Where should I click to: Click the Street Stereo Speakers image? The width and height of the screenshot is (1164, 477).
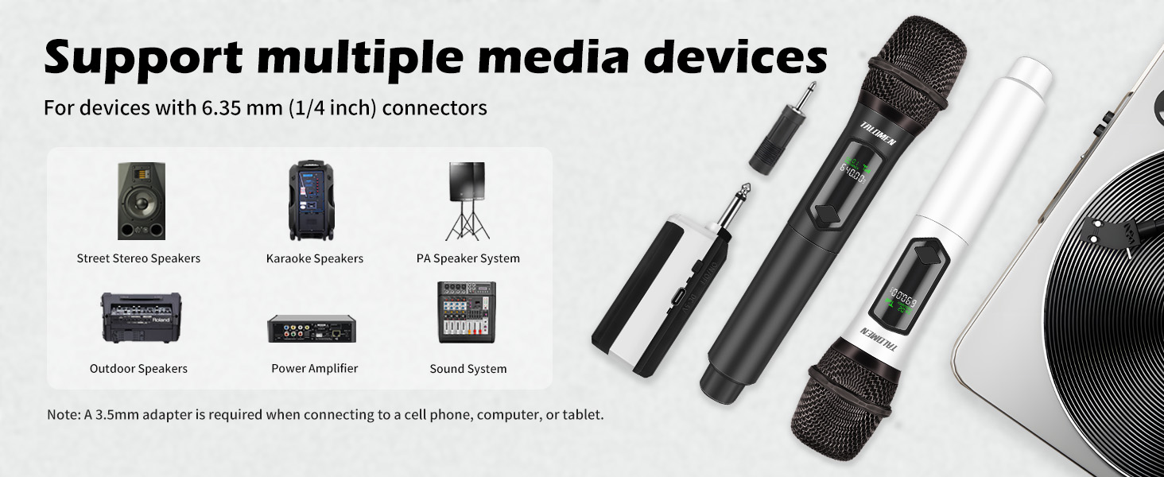pyautogui.click(x=142, y=201)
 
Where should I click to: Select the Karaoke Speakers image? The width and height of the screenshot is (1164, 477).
pyautogui.click(x=311, y=200)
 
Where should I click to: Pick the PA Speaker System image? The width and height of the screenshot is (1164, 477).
pyautogui.click(x=467, y=200)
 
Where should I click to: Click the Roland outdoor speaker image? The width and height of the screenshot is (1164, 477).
pyautogui.click(x=141, y=317)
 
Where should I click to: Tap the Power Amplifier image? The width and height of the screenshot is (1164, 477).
pyautogui.click(x=312, y=328)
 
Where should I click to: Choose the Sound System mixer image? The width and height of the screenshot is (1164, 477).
pyautogui.click(x=467, y=312)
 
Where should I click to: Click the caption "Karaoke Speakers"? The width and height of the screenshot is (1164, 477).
pyautogui.click(x=315, y=258)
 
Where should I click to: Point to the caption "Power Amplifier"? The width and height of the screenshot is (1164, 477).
pyautogui.click(x=315, y=368)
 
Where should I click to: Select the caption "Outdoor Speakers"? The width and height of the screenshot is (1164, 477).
pyautogui.click(x=138, y=368)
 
